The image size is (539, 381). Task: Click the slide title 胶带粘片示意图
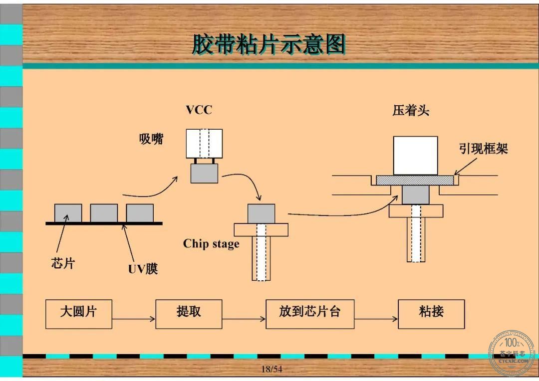pyautogui.click(x=269, y=44)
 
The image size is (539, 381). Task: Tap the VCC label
pyautogui.click(x=199, y=110)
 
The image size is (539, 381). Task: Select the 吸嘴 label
pyautogui.click(x=151, y=139)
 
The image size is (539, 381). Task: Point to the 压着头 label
pyautogui.click(x=411, y=111)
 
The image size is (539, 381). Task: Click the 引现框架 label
pyautogui.click(x=483, y=149)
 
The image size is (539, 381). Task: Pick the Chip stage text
pyautogui.click(x=211, y=243)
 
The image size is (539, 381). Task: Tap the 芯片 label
pyautogui.click(x=63, y=263)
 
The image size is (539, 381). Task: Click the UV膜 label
pyautogui.click(x=143, y=269)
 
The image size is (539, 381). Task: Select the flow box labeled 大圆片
pyautogui.click(x=79, y=314)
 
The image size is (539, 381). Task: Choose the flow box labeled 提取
pyautogui.click(x=189, y=314)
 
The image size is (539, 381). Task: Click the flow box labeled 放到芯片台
pyautogui.click(x=310, y=314)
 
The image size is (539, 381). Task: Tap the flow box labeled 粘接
pyautogui.click(x=431, y=314)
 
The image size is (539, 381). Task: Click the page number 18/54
pyautogui.click(x=271, y=369)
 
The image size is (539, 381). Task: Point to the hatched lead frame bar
pyautogui.click(x=415, y=181)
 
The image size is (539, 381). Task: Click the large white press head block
pyautogui.click(x=416, y=156)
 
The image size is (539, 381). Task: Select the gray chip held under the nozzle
pyautogui.click(x=204, y=173)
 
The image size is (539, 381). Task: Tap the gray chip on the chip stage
pyautogui.click(x=261, y=214)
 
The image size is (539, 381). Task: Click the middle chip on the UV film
pyautogui.click(x=104, y=213)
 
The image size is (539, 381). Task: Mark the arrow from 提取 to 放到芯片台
pyautogui.click(x=244, y=319)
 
